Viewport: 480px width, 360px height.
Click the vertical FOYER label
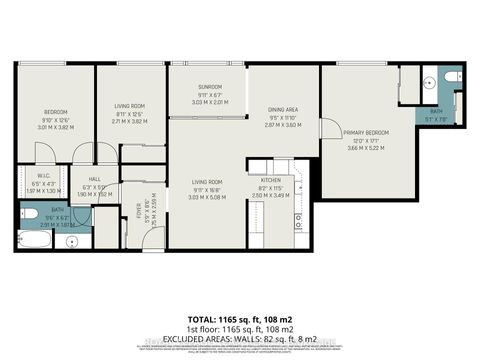[x=139, y=211]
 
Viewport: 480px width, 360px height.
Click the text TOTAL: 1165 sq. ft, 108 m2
[x=239, y=307]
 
